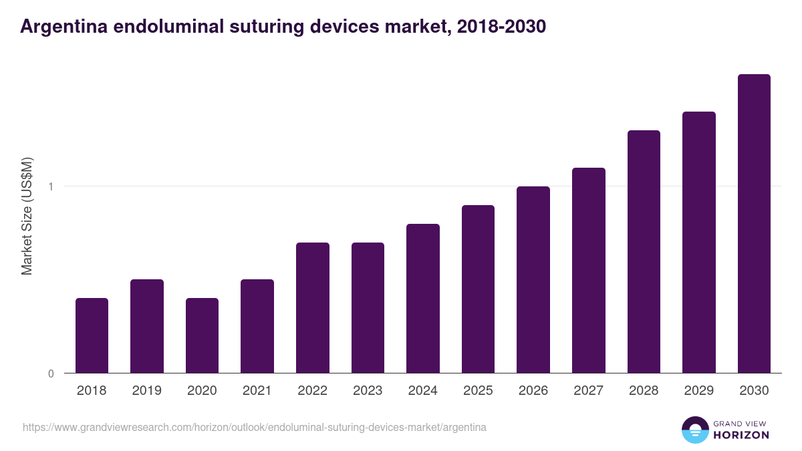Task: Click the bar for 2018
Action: [92, 335]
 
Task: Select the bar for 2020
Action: [202, 335]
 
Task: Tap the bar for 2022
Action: [312, 307]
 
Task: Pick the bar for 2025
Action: [478, 289]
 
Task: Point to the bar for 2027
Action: [588, 270]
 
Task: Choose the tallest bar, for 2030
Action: [754, 224]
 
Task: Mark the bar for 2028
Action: [644, 251]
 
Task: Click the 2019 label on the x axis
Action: [147, 391]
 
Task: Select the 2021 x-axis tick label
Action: [257, 391]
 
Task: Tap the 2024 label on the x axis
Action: [422, 391]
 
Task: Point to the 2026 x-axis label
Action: [533, 391]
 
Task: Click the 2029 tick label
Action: [698, 391]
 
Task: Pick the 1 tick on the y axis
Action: [51, 186]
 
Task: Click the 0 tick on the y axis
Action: [51, 373]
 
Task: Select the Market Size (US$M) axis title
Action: [27, 216]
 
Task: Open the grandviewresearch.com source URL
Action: [255, 427]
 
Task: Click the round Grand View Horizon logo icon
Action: [695, 430]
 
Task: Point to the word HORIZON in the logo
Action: [741, 435]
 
